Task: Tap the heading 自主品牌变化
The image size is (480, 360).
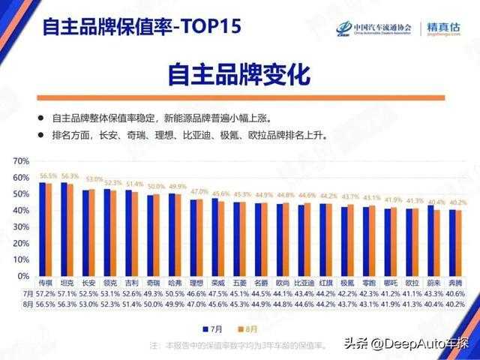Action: [238, 76]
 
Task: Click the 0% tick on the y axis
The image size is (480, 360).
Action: [23, 276]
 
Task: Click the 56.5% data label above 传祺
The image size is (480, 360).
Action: [48, 175]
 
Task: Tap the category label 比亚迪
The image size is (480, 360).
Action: [304, 284]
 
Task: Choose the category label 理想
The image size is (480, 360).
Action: [197, 284]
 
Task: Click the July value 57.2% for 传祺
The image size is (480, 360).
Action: [46, 294]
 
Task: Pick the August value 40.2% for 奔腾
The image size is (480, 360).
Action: [455, 304]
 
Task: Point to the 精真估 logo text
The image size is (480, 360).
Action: [443, 28]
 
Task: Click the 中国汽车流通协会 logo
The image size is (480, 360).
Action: [375, 28]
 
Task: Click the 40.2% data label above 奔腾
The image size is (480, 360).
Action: [457, 203]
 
